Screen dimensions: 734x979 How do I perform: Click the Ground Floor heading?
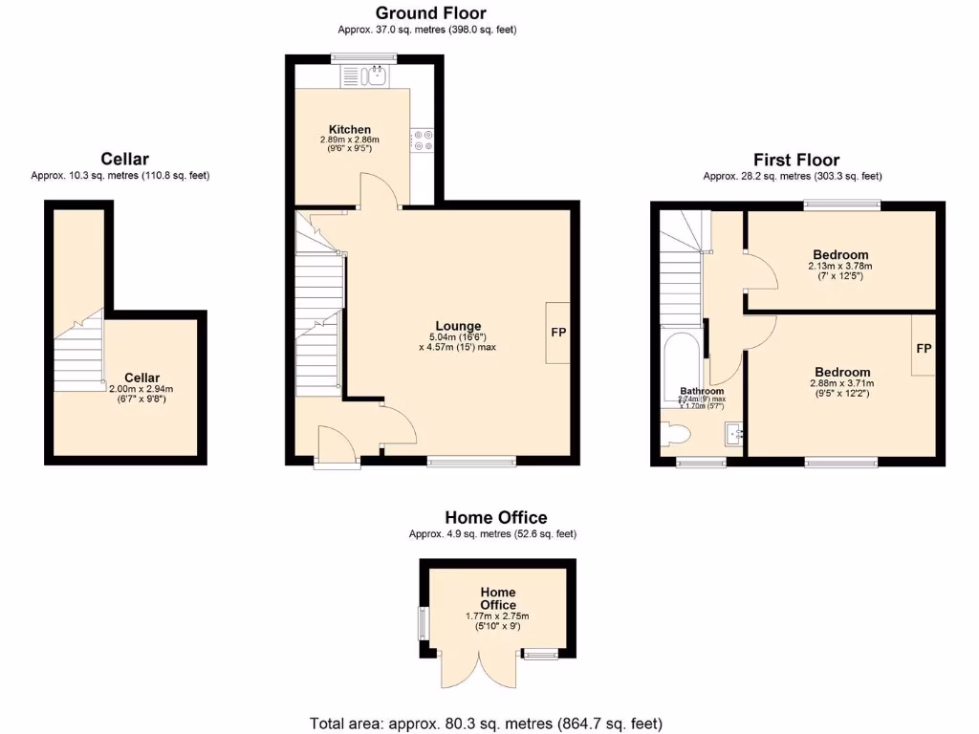point(430,13)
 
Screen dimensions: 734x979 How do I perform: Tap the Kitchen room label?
point(350,130)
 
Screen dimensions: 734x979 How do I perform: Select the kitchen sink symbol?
point(372,75)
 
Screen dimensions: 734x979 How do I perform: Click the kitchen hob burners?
point(422,140)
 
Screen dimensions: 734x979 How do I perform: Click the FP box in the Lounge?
point(558,333)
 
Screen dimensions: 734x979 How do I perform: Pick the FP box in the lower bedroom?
point(924,349)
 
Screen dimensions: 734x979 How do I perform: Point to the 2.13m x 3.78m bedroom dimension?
point(840,266)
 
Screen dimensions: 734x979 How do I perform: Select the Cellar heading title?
point(125,159)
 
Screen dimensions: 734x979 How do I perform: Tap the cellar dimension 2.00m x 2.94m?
point(141,389)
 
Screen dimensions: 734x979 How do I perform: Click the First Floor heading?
point(796,160)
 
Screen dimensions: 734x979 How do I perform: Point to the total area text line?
point(486,723)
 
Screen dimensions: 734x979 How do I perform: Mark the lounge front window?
point(472,463)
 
